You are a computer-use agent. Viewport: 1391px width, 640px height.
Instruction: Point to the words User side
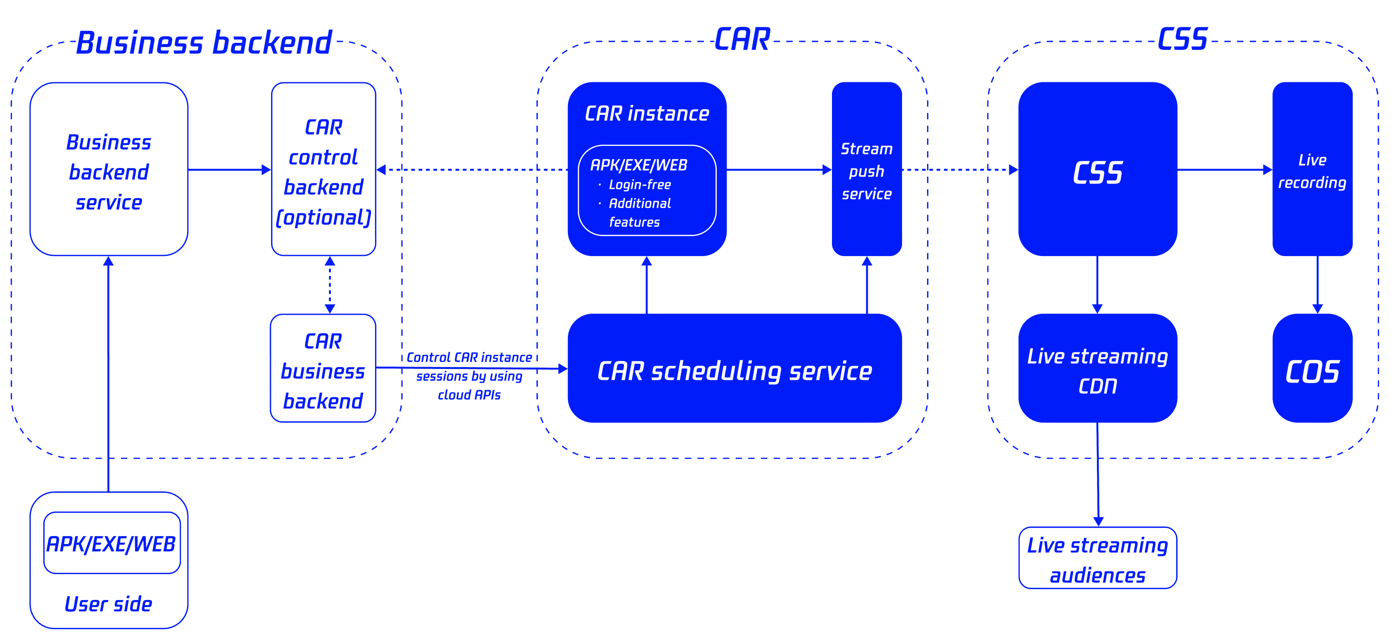click(109, 604)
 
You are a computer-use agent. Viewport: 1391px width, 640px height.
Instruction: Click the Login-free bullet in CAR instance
click(640, 185)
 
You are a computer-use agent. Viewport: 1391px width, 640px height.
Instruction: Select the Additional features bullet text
click(640, 212)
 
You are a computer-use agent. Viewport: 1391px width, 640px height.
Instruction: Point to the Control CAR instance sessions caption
click(469, 376)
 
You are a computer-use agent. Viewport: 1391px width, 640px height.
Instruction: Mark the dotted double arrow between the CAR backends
click(330, 285)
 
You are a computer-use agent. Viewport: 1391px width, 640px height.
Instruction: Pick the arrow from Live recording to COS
click(1318, 285)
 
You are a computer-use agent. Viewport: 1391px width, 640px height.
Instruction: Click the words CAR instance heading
click(647, 113)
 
